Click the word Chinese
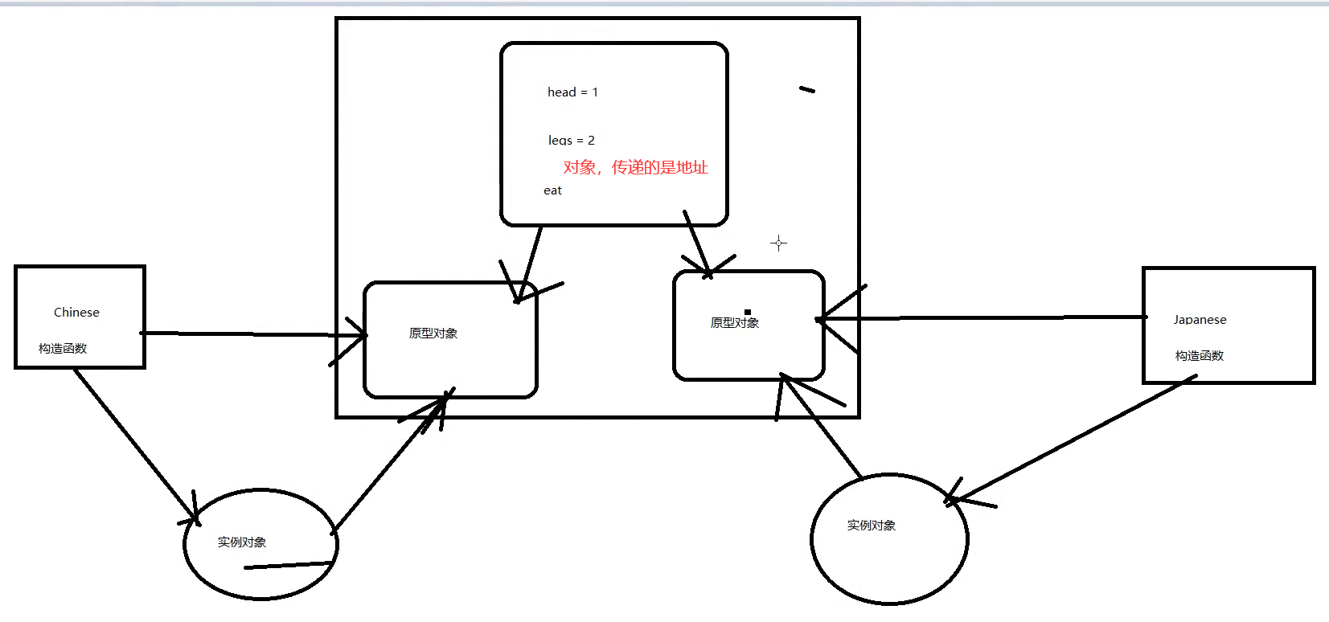point(76,313)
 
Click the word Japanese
point(1200,320)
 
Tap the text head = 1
point(572,92)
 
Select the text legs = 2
point(571,141)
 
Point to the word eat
point(552,190)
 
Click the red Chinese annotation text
point(635,167)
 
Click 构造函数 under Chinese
point(63,349)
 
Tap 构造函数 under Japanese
point(1199,356)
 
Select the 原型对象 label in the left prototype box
point(433,334)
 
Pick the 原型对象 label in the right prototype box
point(734,323)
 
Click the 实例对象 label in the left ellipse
point(241,542)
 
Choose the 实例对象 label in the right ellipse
point(871,526)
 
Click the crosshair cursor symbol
point(778,243)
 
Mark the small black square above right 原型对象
point(747,312)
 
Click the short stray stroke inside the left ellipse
point(288,566)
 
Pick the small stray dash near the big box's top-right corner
point(806,90)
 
